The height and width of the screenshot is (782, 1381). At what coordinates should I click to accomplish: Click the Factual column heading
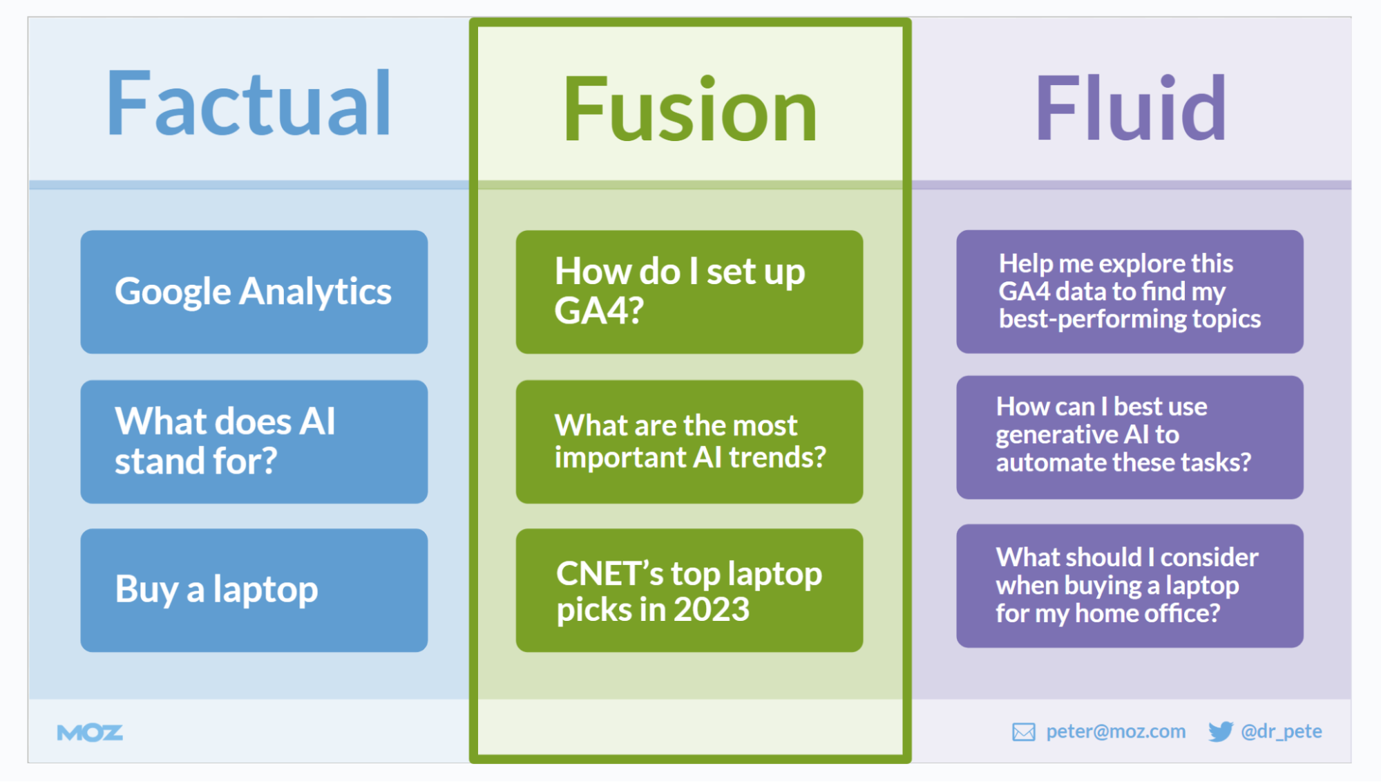(249, 104)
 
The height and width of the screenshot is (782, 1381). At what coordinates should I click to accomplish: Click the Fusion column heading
(689, 110)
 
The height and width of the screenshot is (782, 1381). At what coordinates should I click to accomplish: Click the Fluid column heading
(1130, 109)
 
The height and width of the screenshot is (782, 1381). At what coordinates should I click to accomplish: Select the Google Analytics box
(254, 292)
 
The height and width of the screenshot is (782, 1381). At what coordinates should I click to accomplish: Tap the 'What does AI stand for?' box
(254, 441)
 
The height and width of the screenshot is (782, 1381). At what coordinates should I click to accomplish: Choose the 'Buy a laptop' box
(254, 590)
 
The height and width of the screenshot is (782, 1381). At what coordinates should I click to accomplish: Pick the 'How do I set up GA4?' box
(689, 292)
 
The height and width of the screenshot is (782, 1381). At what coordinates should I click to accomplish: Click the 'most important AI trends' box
(689, 441)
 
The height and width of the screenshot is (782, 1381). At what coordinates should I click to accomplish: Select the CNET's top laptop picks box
(689, 590)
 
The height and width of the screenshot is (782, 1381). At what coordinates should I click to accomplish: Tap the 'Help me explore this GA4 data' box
(1130, 292)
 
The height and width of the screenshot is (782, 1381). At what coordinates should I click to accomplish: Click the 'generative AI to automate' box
(1130, 436)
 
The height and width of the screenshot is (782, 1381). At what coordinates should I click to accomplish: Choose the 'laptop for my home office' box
(1130, 586)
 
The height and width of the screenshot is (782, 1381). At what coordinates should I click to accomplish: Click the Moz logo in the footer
(90, 733)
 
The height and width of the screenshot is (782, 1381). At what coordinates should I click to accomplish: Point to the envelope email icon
(1023, 732)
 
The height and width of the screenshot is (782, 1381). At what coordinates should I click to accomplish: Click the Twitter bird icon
(1221, 732)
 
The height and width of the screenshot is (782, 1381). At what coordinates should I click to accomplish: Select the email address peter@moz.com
(1116, 732)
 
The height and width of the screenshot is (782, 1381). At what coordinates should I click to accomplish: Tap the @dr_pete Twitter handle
(1282, 732)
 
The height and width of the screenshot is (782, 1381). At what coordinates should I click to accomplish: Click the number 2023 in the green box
(712, 610)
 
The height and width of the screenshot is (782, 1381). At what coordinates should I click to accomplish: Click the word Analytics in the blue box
(315, 292)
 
